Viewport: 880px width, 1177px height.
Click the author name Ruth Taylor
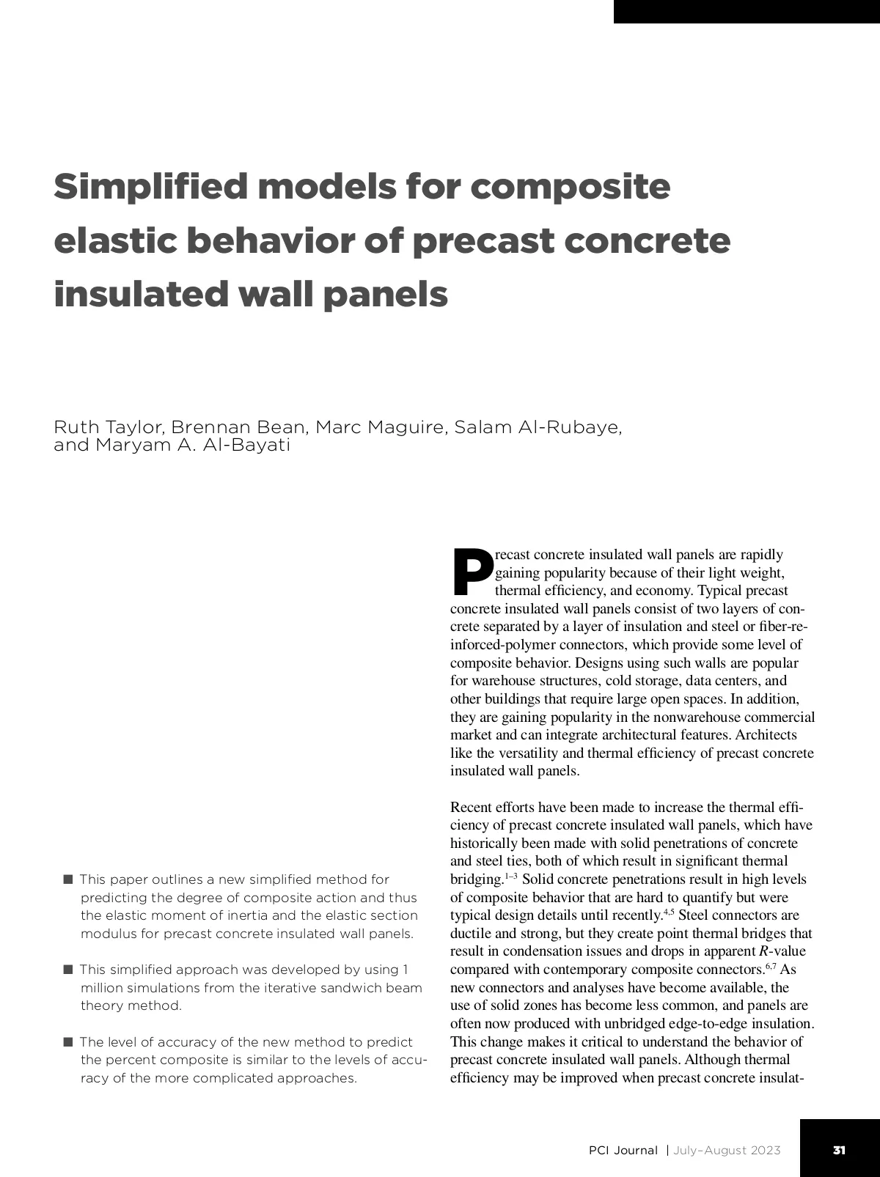click(x=109, y=427)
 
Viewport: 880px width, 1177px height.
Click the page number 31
click(x=840, y=1150)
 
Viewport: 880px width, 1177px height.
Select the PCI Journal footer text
click(x=623, y=1150)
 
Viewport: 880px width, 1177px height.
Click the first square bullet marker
click(x=68, y=879)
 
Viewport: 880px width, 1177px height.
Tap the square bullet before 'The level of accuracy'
click(x=68, y=1041)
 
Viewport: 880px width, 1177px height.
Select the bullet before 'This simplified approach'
click(x=68, y=970)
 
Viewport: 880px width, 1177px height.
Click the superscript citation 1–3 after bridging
click(x=511, y=876)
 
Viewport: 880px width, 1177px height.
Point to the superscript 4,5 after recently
click(x=668, y=912)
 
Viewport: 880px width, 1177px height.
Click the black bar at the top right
click(x=747, y=11)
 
